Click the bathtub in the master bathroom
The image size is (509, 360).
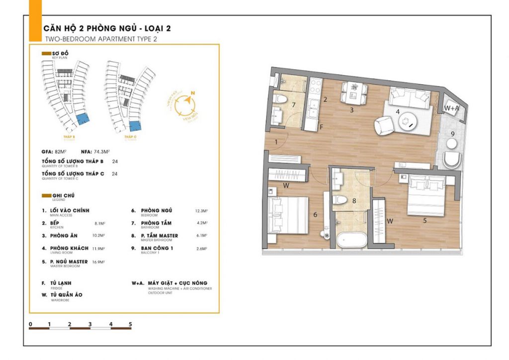click(x=352, y=241)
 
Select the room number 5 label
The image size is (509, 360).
click(x=425, y=220)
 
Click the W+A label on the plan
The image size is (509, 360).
click(x=451, y=108)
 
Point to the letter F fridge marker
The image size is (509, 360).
click(x=322, y=127)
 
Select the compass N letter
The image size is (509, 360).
click(x=193, y=93)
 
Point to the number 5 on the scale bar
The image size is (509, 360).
click(x=130, y=324)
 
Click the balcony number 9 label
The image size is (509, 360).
click(x=452, y=133)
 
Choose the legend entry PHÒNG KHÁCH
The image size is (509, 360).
click(x=69, y=248)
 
